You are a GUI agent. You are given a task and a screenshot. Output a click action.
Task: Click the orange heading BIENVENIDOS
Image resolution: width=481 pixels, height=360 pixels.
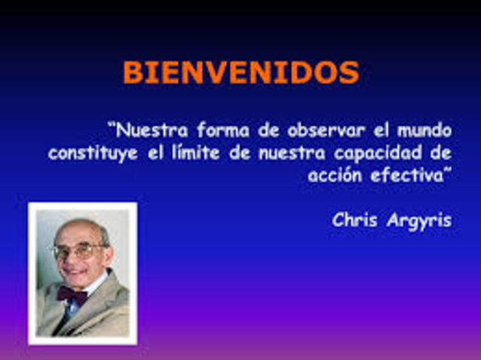[240, 73]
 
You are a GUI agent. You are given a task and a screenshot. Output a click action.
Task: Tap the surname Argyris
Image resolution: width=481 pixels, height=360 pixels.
[419, 222]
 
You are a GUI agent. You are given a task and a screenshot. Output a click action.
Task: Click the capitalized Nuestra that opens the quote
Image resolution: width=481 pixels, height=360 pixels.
[145, 130]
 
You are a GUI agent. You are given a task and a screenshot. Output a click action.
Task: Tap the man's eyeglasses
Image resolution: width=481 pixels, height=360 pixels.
[78, 251]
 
